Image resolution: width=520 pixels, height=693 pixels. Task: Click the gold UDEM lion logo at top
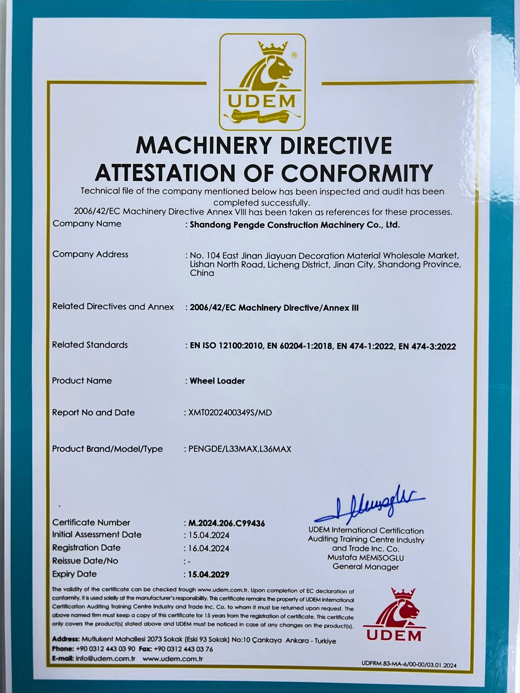click(262, 82)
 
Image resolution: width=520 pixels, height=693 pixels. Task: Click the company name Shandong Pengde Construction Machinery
click(295, 225)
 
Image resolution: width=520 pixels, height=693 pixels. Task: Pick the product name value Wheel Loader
click(217, 381)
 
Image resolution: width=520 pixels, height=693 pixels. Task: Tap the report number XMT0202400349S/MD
click(230, 413)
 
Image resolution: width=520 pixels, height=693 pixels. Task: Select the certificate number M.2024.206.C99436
click(226, 523)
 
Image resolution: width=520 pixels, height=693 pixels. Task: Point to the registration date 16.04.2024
click(209, 548)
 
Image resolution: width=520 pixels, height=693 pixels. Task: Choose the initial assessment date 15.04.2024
click(209, 535)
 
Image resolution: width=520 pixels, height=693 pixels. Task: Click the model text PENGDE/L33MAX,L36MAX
click(239, 449)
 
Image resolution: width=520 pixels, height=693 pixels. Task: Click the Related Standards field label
click(90, 345)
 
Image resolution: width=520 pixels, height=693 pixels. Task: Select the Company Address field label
click(90, 254)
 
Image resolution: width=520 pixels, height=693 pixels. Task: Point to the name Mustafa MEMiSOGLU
click(365, 558)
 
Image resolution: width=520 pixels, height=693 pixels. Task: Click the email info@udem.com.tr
click(105, 659)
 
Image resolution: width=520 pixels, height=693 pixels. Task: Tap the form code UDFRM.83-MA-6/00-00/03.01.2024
click(409, 665)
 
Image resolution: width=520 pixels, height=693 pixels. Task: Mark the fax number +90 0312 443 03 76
click(183, 649)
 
